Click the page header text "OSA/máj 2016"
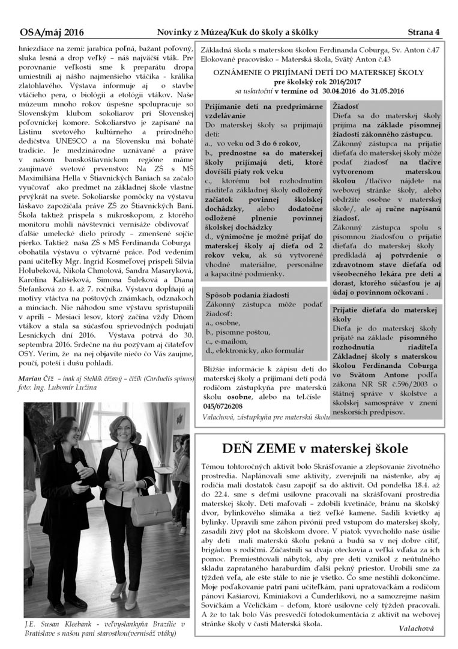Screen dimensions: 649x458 click(x=52, y=32)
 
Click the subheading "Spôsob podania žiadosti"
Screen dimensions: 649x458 click(x=247, y=295)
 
